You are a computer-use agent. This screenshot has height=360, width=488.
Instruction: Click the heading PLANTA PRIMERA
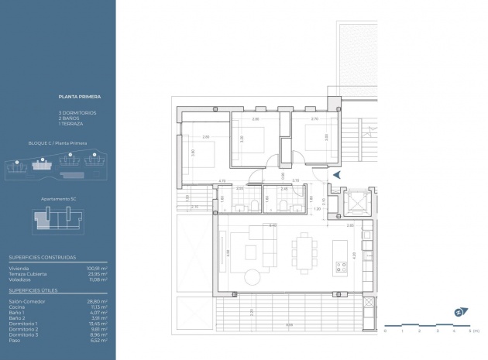coord(80,98)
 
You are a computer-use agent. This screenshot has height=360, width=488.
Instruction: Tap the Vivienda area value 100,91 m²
coord(97,268)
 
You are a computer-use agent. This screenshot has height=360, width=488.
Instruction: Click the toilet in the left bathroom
coord(253,205)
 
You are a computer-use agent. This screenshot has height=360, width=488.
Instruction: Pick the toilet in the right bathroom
coord(285,205)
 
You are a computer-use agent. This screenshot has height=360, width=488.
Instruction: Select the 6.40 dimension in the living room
coord(273,225)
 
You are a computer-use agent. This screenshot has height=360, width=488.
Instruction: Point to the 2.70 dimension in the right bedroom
coord(314,120)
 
